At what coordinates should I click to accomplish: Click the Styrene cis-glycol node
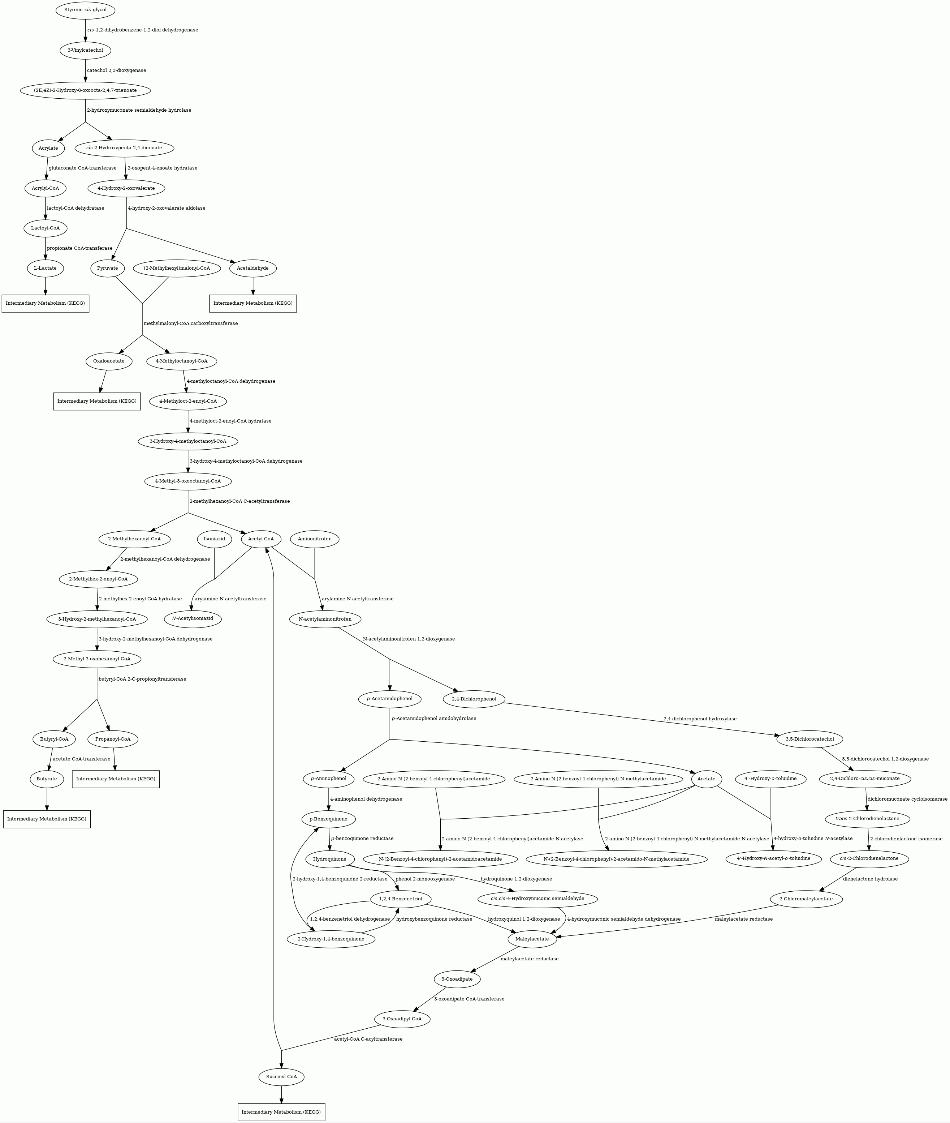pyautogui.click(x=85, y=10)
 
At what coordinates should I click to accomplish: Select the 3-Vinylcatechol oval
pyautogui.click(x=85, y=50)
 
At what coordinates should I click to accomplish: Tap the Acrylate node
pyautogui.click(x=48, y=148)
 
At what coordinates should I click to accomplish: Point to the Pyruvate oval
pyautogui.click(x=108, y=268)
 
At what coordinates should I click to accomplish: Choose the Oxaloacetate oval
pyautogui.click(x=109, y=361)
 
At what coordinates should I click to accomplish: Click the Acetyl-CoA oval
pyautogui.click(x=261, y=539)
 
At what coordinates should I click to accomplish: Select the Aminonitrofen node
pyautogui.click(x=315, y=539)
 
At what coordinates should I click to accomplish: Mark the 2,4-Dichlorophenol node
pyautogui.click(x=474, y=699)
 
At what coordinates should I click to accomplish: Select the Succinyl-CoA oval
pyautogui.click(x=282, y=1077)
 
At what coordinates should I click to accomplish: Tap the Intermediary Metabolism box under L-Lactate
pyautogui.click(x=45, y=303)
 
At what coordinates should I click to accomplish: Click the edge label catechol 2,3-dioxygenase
pyautogui.click(x=116, y=70)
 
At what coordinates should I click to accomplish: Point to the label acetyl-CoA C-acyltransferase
pyautogui.click(x=368, y=1039)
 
